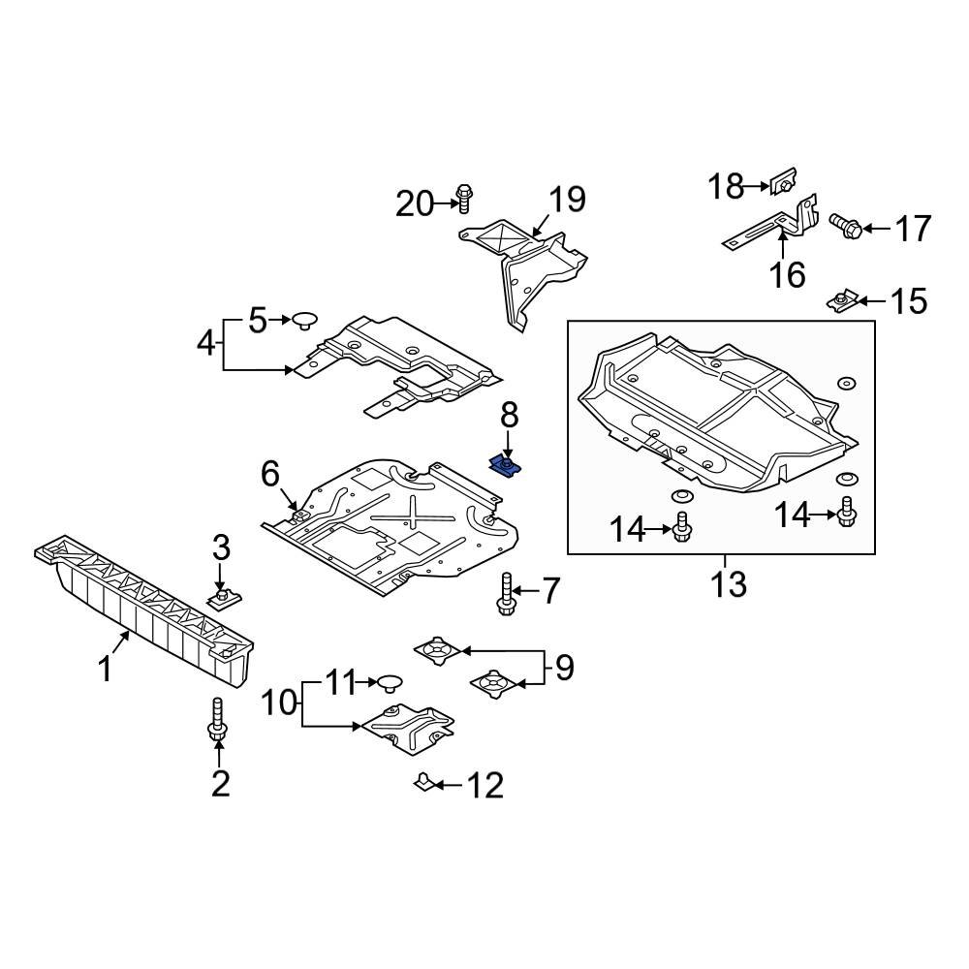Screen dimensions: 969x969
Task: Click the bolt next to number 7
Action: (x=506, y=593)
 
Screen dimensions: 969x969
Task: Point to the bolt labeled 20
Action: (x=464, y=199)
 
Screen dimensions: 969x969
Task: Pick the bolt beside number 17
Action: (x=846, y=227)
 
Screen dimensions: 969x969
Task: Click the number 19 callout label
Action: (x=567, y=200)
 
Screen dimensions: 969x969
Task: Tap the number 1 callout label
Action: (x=106, y=670)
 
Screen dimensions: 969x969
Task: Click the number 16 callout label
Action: (x=788, y=274)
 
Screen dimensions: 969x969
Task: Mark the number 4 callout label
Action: (x=206, y=343)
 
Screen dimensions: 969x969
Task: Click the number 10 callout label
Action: (x=279, y=702)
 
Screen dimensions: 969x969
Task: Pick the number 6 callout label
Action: (x=269, y=474)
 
